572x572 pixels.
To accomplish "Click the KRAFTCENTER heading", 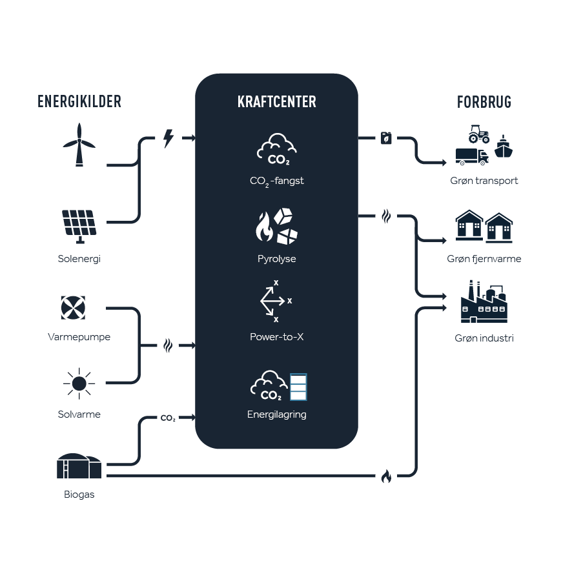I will click(276, 103).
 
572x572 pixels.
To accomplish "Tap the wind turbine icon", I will click(79, 146).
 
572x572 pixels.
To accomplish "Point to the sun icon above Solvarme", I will click(79, 383).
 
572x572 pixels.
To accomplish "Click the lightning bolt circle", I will click(169, 138).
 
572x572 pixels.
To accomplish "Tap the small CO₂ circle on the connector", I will click(168, 418).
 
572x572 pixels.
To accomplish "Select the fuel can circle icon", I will click(386, 138).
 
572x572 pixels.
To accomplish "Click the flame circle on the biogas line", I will click(386, 476).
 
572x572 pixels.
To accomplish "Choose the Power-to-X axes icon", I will click(276, 301).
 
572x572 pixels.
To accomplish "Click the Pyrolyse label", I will click(276, 259).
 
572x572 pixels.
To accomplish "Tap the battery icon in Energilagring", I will click(298, 387).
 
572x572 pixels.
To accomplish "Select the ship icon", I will click(504, 146).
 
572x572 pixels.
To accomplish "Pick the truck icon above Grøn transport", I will click(471, 157).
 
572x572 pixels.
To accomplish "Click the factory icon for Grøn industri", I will click(484, 302).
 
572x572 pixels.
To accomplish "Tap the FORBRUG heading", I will click(484, 102).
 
